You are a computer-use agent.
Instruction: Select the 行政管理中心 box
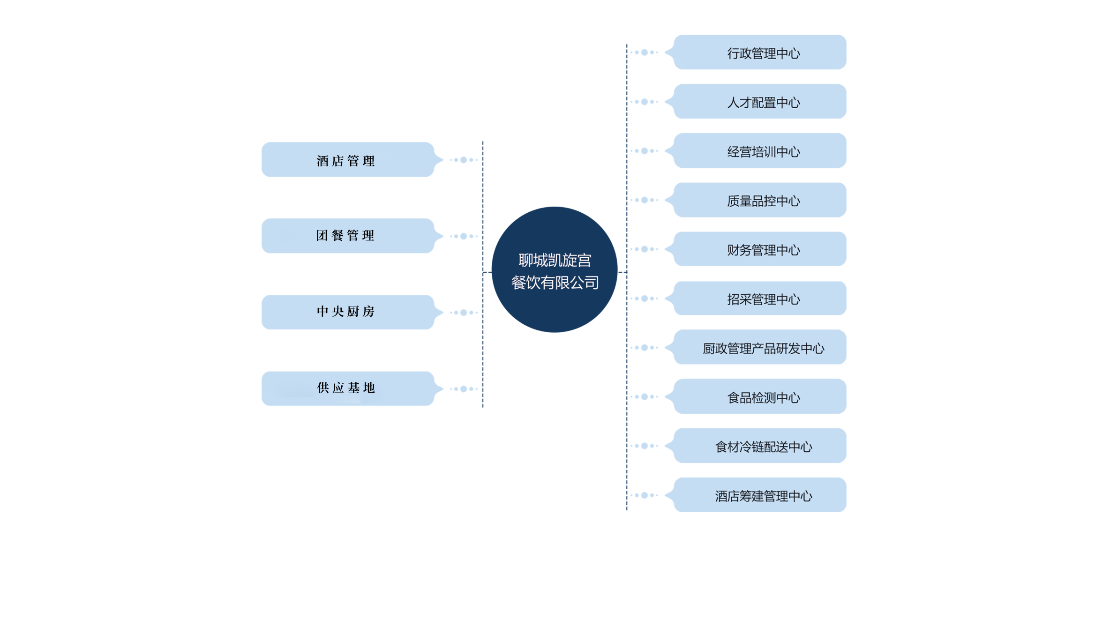pyautogui.click(x=759, y=52)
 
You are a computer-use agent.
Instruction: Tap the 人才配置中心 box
pyautogui.click(x=759, y=102)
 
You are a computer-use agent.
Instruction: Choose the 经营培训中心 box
pyautogui.click(x=759, y=151)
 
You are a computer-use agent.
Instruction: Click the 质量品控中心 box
pyautogui.click(x=759, y=200)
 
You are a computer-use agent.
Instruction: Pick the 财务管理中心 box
pyautogui.click(x=759, y=249)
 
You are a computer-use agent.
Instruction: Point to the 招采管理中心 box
pyautogui.click(x=759, y=299)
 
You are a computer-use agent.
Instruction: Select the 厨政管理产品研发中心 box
pyautogui.click(x=759, y=348)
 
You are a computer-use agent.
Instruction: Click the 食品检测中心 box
pyautogui.click(x=759, y=397)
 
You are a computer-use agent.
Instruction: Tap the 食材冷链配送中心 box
pyautogui.click(x=759, y=446)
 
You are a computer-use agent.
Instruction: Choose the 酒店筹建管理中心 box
pyautogui.click(x=759, y=495)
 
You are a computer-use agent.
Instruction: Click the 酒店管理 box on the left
pyautogui.click(x=347, y=160)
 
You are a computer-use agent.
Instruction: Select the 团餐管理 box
pyautogui.click(x=347, y=236)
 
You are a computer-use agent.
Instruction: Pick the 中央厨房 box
pyautogui.click(x=347, y=313)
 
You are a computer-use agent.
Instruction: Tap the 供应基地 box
pyautogui.click(x=347, y=389)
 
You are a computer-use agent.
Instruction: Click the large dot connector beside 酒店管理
pyautogui.click(x=464, y=160)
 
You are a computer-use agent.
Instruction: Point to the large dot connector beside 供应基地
pyautogui.click(x=464, y=389)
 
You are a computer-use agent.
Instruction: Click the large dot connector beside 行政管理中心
pyautogui.click(x=645, y=52)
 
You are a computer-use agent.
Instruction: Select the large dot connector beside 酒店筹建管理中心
pyautogui.click(x=645, y=495)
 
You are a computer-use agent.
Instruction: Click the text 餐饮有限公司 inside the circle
pyautogui.click(x=555, y=283)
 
